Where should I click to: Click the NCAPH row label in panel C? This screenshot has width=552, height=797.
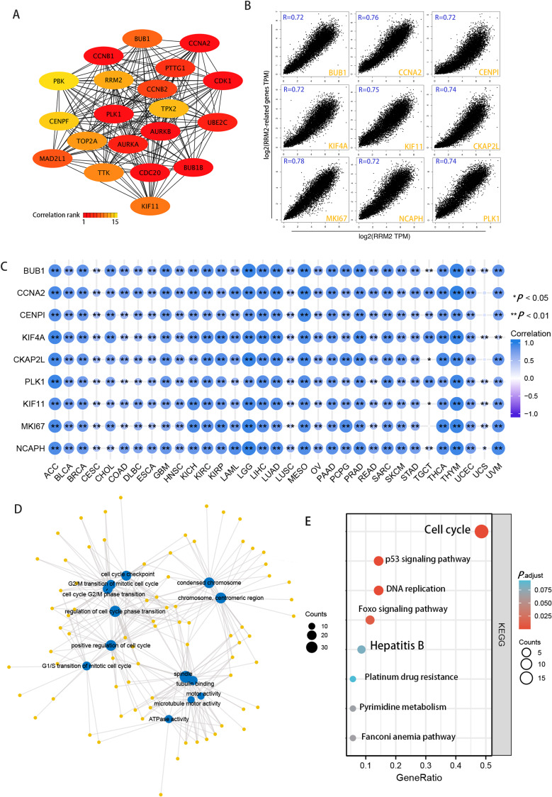(x=27, y=348)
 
